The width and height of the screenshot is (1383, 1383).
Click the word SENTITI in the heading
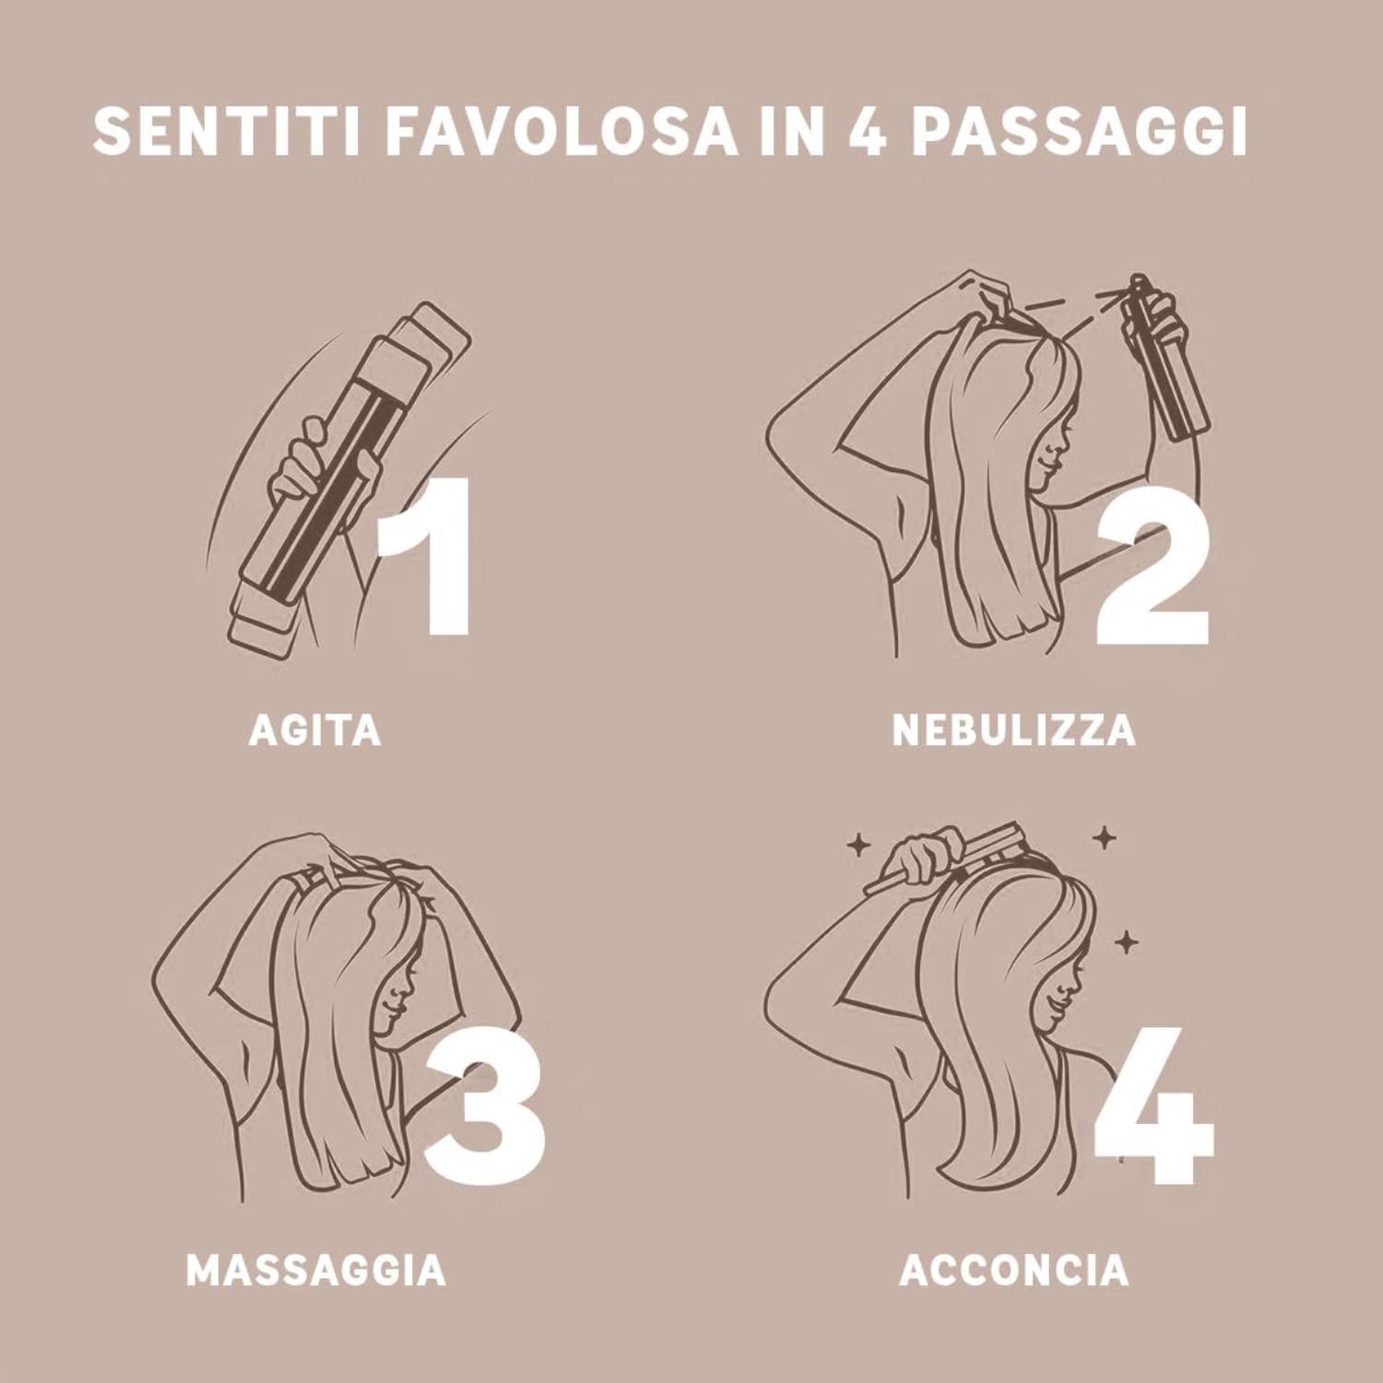(x=227, y=133)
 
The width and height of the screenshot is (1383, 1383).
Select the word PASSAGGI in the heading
(x=1080, y=133)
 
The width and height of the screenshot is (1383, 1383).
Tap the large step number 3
(x=484, y=1097)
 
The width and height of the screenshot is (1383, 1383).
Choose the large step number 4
(x=1153, y=1105)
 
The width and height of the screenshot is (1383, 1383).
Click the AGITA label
(x=314, y=730)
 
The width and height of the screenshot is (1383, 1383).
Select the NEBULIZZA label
(x=1013, y=730)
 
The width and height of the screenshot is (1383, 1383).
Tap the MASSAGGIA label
(x=316, y=1270)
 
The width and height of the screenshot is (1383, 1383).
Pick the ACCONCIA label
(x=1013, y=1270)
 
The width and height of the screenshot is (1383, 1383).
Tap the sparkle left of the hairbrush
(x=858, y=845)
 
